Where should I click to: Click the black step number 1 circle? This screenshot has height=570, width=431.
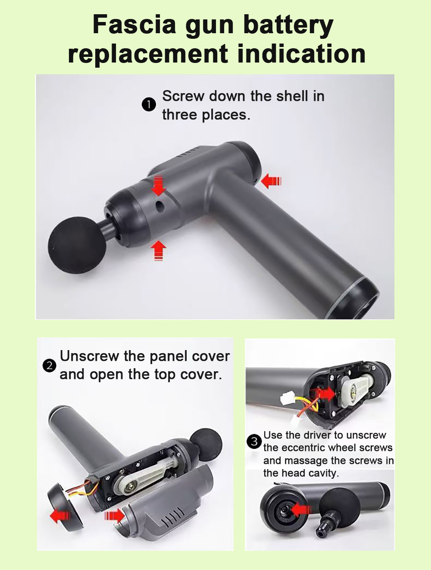149,105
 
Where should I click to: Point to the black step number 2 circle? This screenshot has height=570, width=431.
49,366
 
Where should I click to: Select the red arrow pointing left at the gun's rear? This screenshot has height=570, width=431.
271,181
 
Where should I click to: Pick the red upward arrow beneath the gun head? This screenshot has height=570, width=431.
158,251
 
